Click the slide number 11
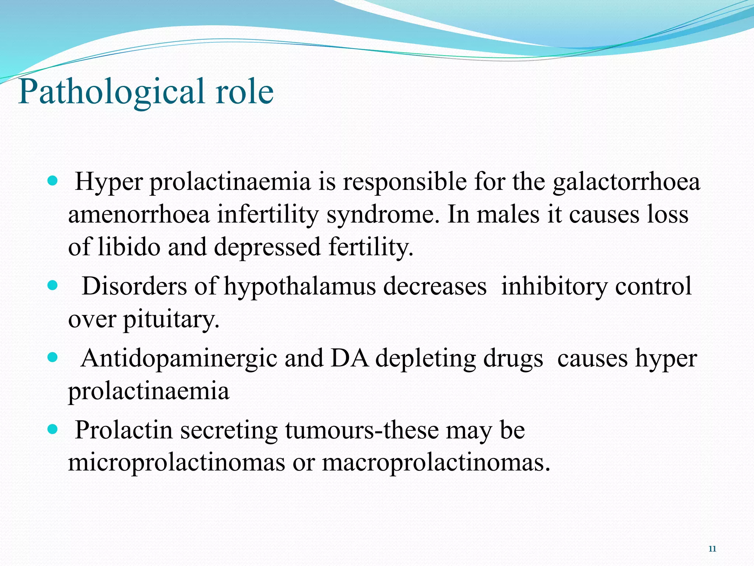click(x=712, y=549)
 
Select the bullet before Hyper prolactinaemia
click(x=53, y=181)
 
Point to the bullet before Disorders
click(x=53, y=285)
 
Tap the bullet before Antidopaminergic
click(x=53, y=357)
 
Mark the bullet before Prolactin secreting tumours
click(x=53, y=429)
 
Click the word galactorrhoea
click(x=626, y=182)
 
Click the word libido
click(x=129, y=247)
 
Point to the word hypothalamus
click(x=300, y=287)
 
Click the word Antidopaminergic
click(x=179, y=359)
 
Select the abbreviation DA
click(x=349, y=358)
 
